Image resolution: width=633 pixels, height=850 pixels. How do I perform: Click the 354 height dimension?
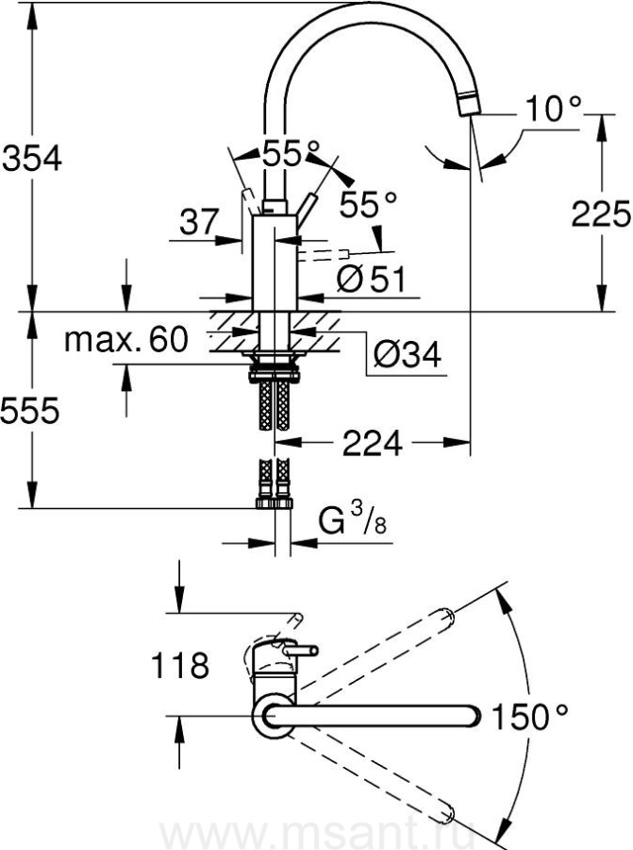pyautogui.click(x=32, y=159)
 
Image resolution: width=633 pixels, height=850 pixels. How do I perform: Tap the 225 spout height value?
pyautogui.click(x=601, y=213)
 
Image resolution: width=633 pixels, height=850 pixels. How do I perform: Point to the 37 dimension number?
pyautogui.click(x=199, y=222)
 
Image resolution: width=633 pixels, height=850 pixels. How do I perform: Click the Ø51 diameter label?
pyautogui.click(x=371, y=279)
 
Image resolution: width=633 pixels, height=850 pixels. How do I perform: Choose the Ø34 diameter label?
pyautogui.click(x=408, y=355)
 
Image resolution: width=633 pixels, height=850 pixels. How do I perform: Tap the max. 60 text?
pyautogui.click(x=126, y=339)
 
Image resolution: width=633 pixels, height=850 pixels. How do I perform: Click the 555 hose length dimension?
pyautogui.click(x=30, y=411)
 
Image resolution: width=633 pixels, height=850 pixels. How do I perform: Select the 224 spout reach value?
pyautogui.click(x=373, y=444)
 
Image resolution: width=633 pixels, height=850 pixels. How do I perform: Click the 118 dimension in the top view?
pyautogui.click(x=180, y=665)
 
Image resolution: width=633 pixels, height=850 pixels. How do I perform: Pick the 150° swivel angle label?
pyautogui.click(x=529, y=716)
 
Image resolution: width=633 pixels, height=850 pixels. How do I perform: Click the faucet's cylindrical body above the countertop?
pyautogui.click(x=275, y=263)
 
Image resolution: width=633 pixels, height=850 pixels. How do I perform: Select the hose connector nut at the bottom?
pyautogui.click(x=274, y=503)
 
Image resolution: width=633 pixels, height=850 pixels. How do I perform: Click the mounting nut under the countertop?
pyautogui.click(x=274, y=375)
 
